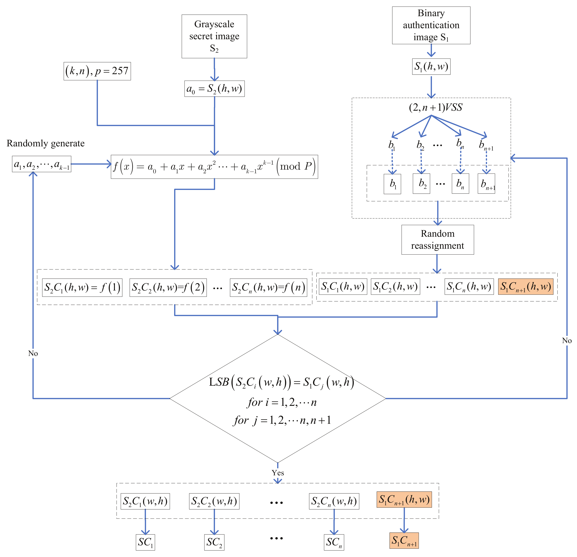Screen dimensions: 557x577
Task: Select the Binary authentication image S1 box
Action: click(431, 25)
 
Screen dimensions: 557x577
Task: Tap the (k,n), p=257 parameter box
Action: click(97, 71)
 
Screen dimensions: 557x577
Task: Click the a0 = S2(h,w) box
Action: click(214, 89)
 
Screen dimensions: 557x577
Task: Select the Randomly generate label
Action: click(46, 143)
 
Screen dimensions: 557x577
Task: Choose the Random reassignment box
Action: click(437, 240)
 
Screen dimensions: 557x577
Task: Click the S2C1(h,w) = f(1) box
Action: click(82, 287)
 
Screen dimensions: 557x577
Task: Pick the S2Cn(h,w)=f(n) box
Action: click(268, 287)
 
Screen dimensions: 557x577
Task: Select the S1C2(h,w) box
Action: click(395, 287)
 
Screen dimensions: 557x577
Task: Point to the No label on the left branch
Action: click(33, 353)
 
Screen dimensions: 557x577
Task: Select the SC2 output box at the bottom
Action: click(214, 542)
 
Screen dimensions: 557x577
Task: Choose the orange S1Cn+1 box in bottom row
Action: click(404, 540)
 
